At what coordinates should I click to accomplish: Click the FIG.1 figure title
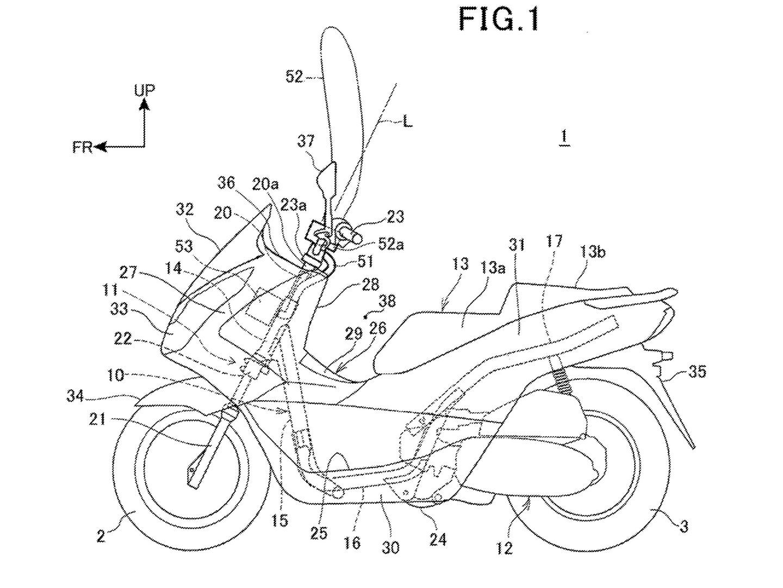pyautogui.click(x=499, y=19)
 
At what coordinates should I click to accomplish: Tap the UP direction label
pyautogui.click(x=145, y=90)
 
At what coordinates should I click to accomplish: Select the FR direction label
pyautogui.click(x=83, y=147)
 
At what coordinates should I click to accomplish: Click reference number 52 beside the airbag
pyautogui.click(x=294, y=77)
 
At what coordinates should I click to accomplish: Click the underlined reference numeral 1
pyautogui.click(x=565, y=138)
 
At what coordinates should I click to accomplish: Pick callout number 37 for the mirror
pyautogui.click(x=306, y=142)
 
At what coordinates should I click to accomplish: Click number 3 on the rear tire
pyautogui.click(x=684, y=526)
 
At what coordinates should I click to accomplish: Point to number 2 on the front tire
pyautogui.click(x=101, y=536)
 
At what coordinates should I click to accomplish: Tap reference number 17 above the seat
pyautogui.click(x=555, y=241)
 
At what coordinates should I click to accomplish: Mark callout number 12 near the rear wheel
pyautogui.click(x=505, y=548)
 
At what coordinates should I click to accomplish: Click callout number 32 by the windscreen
pyautogui.click(x=185, y=210)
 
